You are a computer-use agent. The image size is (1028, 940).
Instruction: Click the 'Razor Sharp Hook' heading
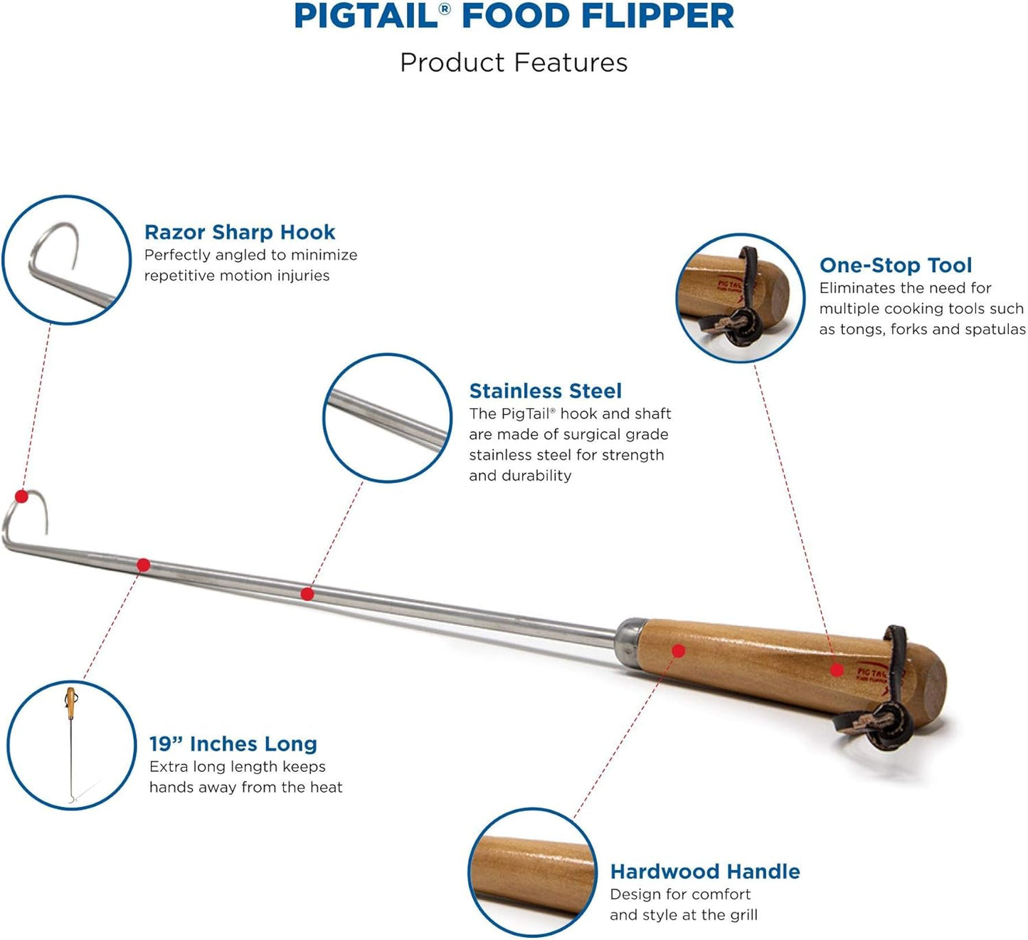click(239, 232)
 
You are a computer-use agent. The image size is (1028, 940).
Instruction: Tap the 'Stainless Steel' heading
click(545, 391)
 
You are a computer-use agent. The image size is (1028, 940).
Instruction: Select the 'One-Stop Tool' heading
click(895, 266)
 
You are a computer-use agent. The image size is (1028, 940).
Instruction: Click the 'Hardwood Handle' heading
click(704, 872)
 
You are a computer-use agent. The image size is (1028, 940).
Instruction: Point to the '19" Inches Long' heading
click(233, 744)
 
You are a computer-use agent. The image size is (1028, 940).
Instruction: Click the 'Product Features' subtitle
click(514, 63)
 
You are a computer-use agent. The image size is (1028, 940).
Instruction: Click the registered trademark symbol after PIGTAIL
click(445, 9)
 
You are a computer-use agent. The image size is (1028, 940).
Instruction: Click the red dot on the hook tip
click(21, 496)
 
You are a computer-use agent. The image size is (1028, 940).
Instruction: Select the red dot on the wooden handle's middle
click(678, 650)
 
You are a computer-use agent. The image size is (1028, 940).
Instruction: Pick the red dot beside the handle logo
click(837, 669)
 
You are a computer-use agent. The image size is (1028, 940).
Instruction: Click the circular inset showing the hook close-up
click(66, 261)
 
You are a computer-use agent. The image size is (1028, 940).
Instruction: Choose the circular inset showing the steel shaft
click(387, 418)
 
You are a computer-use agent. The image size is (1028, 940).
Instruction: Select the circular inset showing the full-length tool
click(71, 745)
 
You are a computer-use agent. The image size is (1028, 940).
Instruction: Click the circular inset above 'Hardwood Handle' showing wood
click(532, 872)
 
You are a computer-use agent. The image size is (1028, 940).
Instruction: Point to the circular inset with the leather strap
click(740, 298)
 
